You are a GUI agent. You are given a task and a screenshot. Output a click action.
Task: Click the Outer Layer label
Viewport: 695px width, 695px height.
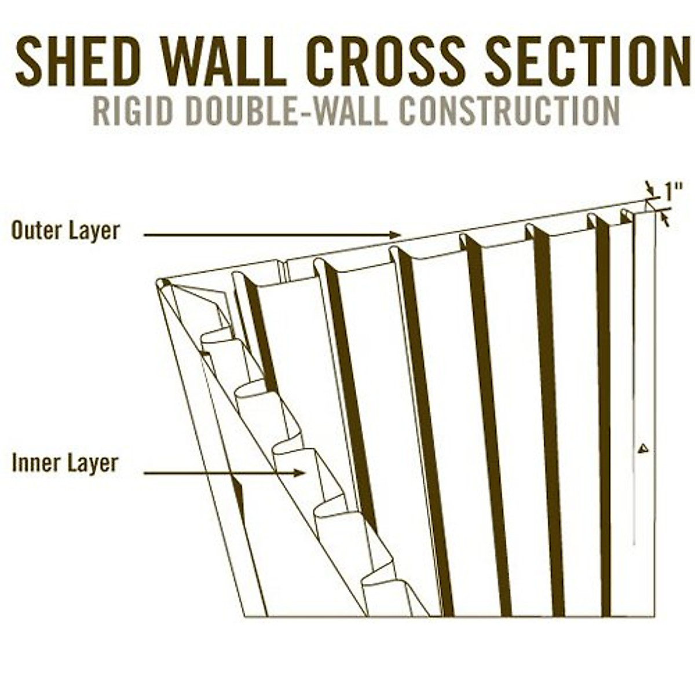(65, 231)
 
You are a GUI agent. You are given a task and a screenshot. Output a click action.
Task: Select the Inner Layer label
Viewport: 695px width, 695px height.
(65, 463)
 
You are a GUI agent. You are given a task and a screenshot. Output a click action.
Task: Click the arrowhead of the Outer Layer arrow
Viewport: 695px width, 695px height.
(396, 235)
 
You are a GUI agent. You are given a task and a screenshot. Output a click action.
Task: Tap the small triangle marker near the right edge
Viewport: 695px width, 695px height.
(642, 448)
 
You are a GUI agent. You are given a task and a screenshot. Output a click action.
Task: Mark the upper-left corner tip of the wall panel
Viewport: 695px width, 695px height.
(159, 283)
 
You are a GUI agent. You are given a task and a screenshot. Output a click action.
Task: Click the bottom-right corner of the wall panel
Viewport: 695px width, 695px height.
(654, 616)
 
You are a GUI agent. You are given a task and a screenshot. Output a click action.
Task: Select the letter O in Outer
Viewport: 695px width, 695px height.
(19, 231)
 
